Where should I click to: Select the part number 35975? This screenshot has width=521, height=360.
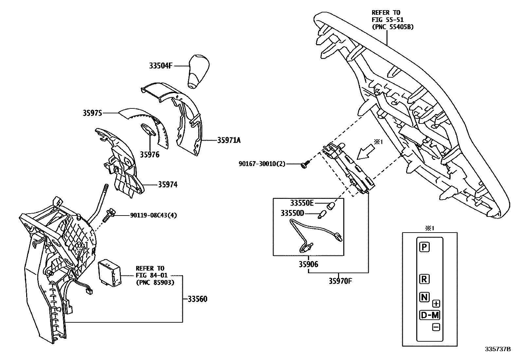[93, 113]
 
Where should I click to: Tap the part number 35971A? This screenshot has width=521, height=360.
[229, 140]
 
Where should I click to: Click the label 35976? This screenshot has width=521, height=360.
[150, 154]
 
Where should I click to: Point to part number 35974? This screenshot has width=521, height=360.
[168, 185]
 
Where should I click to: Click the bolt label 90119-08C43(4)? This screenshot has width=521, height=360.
[153, 215]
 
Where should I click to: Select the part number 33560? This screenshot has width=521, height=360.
[197, 299]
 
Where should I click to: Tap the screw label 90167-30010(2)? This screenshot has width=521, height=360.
[262, 163]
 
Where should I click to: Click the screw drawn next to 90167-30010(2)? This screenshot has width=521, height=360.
[305, 165]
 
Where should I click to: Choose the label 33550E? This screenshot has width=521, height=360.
[302, 203]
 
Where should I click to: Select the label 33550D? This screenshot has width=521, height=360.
[292, 213]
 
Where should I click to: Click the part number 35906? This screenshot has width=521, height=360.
[308, 264]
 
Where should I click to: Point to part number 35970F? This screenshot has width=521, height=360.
[340, 281]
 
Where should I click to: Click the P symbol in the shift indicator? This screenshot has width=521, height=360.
[424, 247]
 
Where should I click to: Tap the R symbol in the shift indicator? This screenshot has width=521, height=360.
[424, 279]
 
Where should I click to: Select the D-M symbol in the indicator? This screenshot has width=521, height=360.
[430, 315]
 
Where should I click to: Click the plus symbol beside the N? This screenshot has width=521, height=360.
[436, 303]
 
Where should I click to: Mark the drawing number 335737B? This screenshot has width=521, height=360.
[497, 349]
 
